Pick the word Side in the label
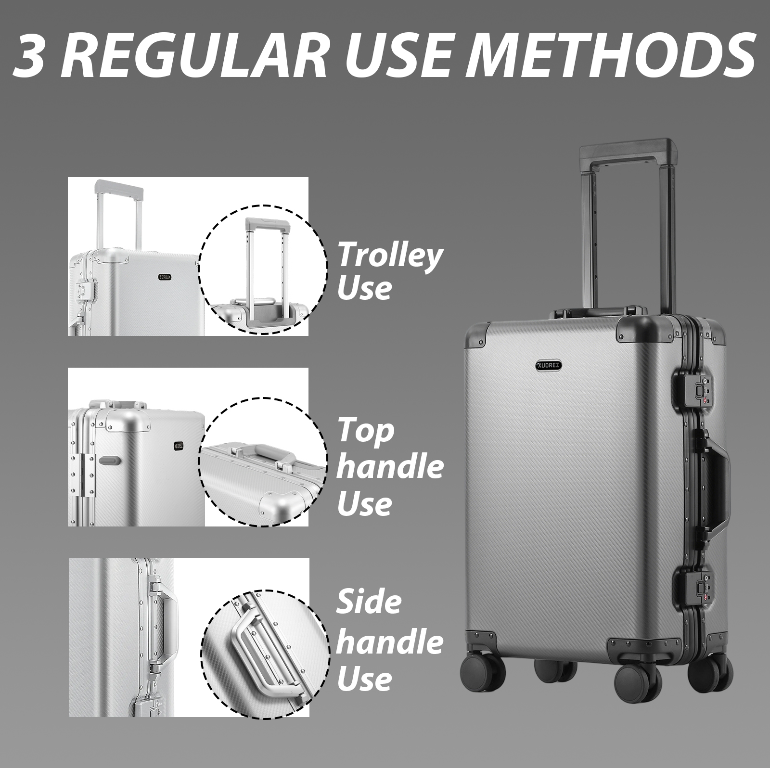(x=369, y=602)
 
